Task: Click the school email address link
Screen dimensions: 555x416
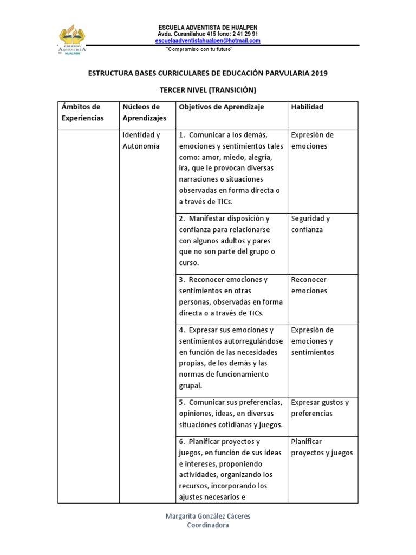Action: tap(207, 41)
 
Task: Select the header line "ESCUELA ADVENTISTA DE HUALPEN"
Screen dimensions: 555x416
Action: tap(207, 28)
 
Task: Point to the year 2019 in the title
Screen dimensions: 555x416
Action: tap(319, 73)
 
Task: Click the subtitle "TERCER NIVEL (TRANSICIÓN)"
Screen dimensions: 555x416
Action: tap(207, 90)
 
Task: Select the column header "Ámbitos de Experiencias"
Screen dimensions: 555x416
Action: tap(82, 112)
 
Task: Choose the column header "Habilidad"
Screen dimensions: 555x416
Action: tap(307, 107)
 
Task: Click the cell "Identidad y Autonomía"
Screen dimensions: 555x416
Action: tap(141, 140)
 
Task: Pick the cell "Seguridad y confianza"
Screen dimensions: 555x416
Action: tap(310, 224)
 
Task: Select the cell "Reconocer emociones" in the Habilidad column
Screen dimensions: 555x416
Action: tap(309, 285)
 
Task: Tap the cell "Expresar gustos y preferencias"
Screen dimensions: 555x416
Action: tap(320, 408)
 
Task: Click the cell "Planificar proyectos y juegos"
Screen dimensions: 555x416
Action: tap(322, 447)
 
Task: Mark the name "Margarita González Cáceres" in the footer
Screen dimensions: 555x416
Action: tap(207, 516)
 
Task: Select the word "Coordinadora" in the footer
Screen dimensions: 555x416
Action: tap(207, 525)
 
